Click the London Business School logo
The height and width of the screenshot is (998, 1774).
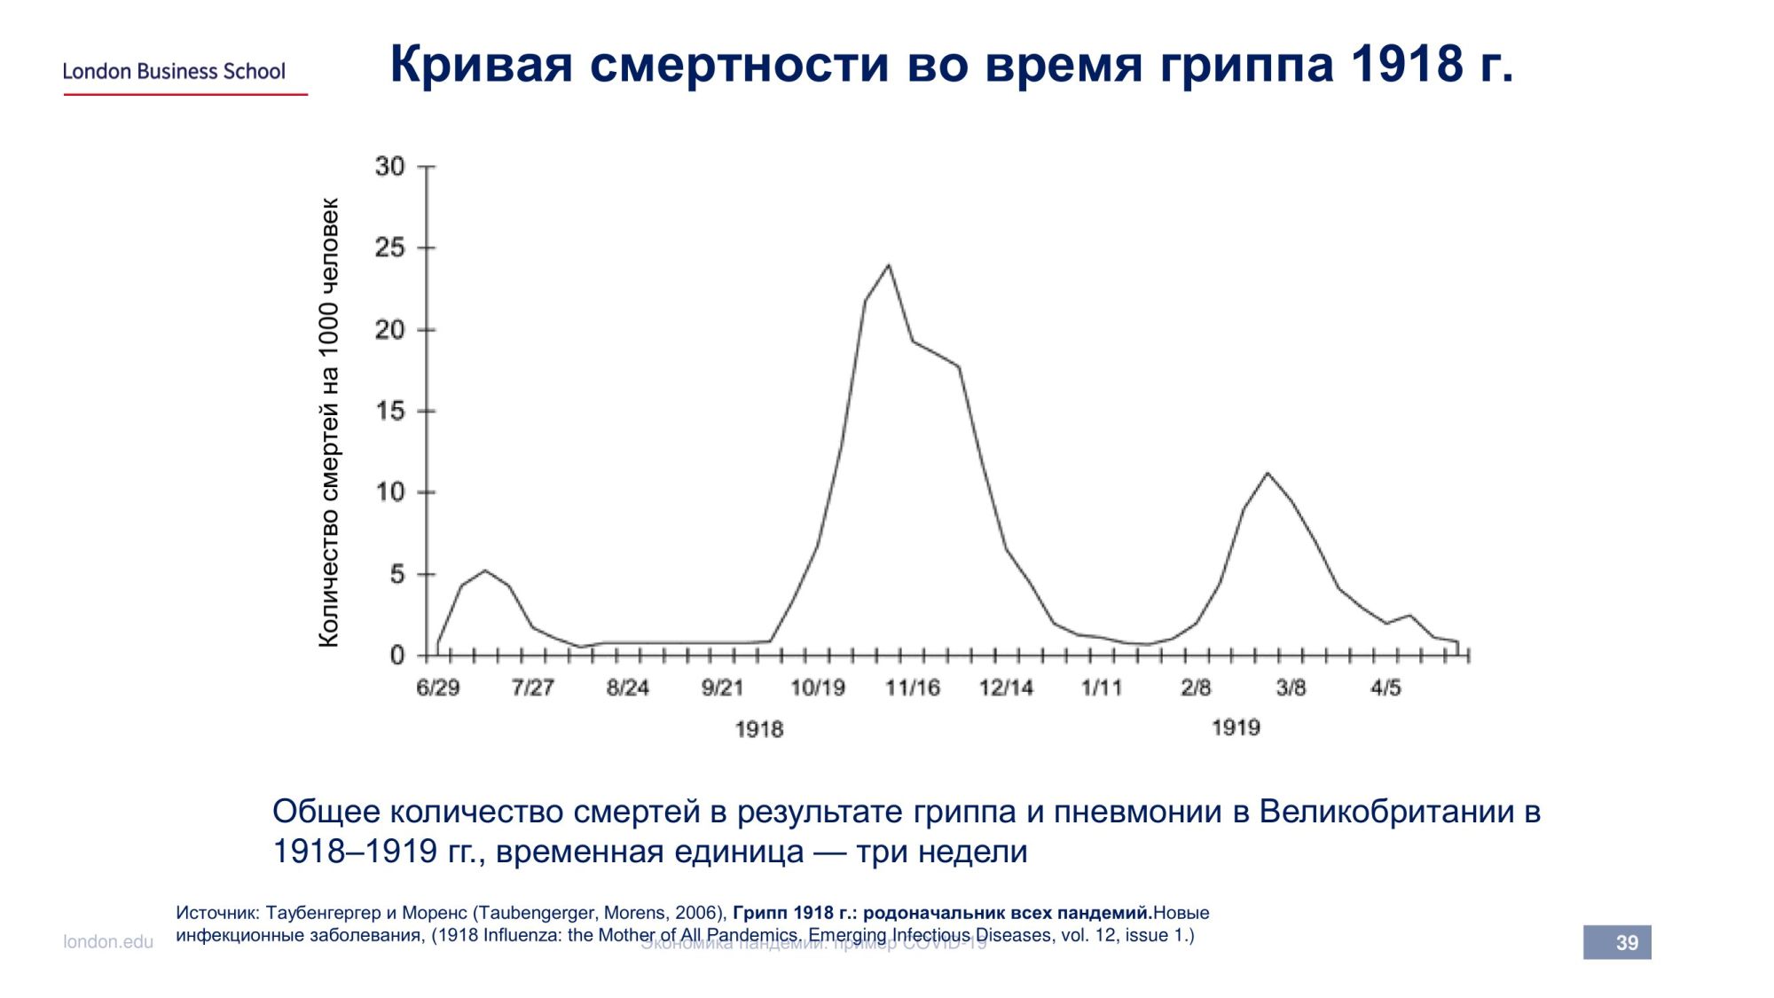click(174, 72)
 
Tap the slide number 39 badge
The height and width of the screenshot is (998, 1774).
click(1617, 942)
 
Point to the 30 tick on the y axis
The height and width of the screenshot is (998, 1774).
click(390, 167)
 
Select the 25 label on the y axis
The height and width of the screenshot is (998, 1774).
click(390, 248)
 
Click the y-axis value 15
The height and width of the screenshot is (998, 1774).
click(390, 411)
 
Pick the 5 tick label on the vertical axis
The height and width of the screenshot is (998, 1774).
click(396, 574)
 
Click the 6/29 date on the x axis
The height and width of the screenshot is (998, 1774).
click(438, 688)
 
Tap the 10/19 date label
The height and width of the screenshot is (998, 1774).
click(817, 688)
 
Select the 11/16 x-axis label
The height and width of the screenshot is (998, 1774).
click(912, 688)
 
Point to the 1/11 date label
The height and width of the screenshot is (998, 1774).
click(1101, 688)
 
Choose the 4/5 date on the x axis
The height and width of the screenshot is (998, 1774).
click(1385, 688)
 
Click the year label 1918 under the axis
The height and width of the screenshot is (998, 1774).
click(759, 729)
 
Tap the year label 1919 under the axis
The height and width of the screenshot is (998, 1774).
click(1236, 727)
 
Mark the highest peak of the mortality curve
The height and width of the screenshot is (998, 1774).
click(888, 265)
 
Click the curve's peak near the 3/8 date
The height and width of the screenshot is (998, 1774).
click(1267, 473)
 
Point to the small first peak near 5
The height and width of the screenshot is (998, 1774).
click(484, 570)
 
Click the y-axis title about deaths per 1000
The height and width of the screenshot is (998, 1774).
click(328, 422)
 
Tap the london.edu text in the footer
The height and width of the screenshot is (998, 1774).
click(108, 942)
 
